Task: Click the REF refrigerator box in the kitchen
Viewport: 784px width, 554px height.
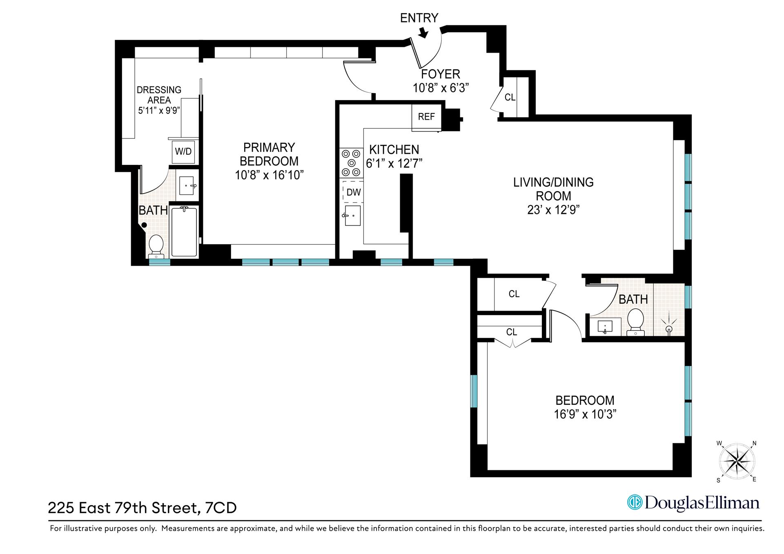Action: click(x=426, y=117)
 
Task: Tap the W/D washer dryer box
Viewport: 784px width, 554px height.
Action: click(x=183, y=151)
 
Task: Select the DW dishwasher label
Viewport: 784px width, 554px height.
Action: click(x=353, y=192)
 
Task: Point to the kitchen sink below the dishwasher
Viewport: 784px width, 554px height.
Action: click(x=352, y=216)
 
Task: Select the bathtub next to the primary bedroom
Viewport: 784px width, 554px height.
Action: click(x=184, y=231)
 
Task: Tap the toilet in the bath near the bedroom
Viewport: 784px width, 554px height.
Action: click(x=635, y=321)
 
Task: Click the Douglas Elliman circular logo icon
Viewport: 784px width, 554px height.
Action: click(x=635, y=502)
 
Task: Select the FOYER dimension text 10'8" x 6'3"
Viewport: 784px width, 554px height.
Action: click(x=441, y=88)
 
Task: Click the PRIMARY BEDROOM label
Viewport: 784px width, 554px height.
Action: click(x=269, y=154)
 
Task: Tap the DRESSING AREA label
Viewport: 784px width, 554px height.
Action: click(x=159, y=95)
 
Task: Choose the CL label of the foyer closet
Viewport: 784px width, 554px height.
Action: click(x=510, y=98)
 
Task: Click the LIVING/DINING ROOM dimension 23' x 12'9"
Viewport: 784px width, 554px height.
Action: click(x=553, y=210)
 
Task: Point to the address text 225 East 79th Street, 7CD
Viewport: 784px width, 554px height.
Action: click(x=142, y=508)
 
